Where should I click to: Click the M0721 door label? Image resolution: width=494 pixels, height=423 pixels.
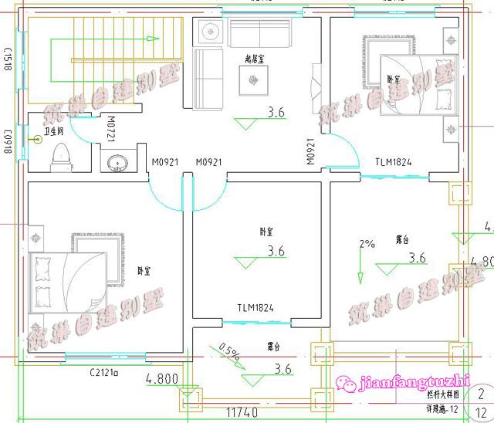111,128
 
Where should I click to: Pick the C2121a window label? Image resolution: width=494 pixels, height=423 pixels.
103,373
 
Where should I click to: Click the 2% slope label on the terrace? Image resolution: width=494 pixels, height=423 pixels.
367,244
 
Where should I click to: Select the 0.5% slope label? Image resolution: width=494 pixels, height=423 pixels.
228,352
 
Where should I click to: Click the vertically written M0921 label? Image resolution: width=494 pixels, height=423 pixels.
310,151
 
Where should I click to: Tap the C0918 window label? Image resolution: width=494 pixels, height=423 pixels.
11,140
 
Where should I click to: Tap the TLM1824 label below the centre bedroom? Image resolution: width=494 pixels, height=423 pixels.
255,308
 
